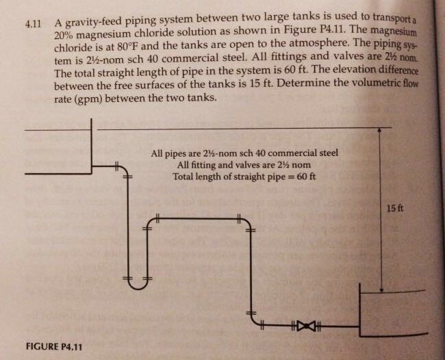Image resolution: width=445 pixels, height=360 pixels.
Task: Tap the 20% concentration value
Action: click(65, 36)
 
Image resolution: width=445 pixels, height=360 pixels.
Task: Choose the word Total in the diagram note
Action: click(185, 177)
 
